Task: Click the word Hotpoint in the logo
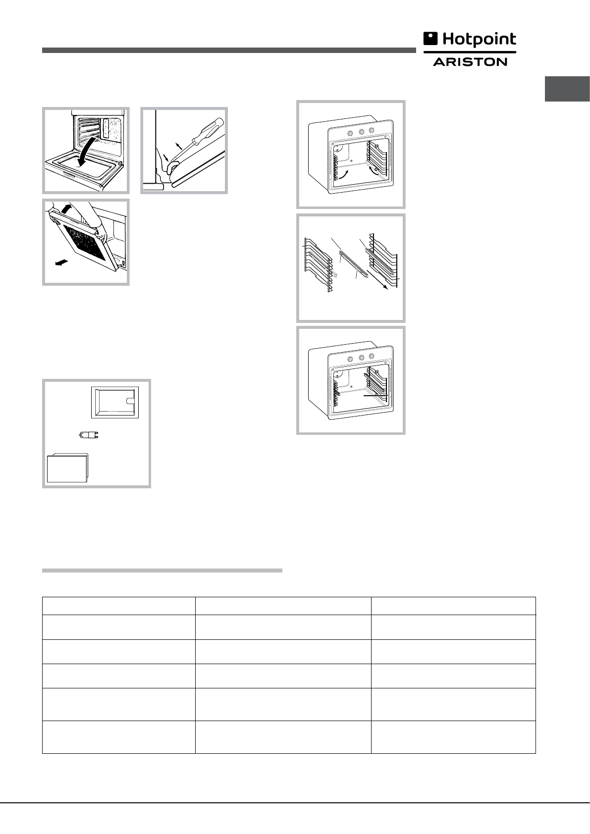coord(480,40)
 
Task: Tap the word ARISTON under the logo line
coord(470,62)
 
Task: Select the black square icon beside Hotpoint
coord(430,39)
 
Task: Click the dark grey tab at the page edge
coord(567,89)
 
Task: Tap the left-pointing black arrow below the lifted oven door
coord(61,262)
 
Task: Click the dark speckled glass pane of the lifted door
coord(86,242)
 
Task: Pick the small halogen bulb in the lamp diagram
coord(89,434)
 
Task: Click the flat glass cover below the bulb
coord(67,468)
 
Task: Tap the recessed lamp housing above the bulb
coord(115,402)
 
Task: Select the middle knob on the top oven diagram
coord(361,131)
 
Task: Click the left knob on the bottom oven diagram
coord(350,359)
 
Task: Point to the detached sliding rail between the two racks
coord(354,264)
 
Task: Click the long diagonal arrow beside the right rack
coord(377,280)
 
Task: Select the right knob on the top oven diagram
coord(372,130)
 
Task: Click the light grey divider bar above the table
coord(162,570)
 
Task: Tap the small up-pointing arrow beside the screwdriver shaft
coord(179,146)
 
